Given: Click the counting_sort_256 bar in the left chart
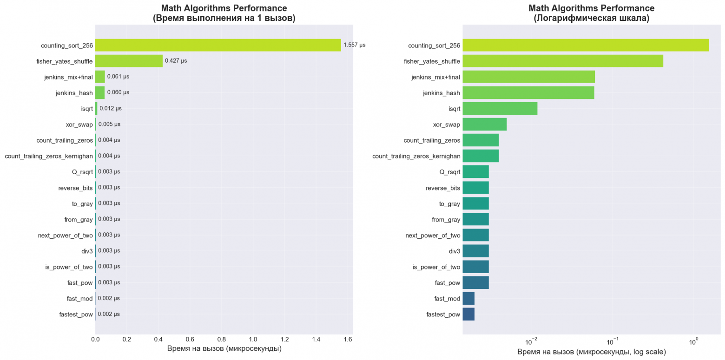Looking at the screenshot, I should click(218, 45).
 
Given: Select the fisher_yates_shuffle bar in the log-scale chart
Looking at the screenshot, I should click(562, 61).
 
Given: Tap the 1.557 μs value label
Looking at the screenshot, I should click(354, 45).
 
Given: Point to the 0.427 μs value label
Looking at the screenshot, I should click(176, 61).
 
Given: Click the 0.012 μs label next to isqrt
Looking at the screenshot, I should click(111, 108).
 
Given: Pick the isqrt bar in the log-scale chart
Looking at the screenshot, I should click(500, 108).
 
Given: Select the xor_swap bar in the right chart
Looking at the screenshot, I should click(484, 124).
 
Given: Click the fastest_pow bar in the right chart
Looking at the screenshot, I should click(468, 314).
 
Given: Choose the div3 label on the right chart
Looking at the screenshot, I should click(455, 251).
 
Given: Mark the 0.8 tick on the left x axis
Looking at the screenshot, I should click(221, 340).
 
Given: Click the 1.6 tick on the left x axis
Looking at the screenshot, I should click(348, 340).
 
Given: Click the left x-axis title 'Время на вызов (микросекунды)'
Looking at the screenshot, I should click(224, 349).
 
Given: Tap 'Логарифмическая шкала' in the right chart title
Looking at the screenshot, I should click(591, 19).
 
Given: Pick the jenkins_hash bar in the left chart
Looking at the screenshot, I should click(100, 92).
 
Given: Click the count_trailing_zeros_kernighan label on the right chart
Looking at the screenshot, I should click(416, 156).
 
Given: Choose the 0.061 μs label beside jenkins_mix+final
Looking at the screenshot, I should click(118, 77).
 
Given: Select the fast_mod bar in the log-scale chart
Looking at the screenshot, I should click(468, 299).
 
